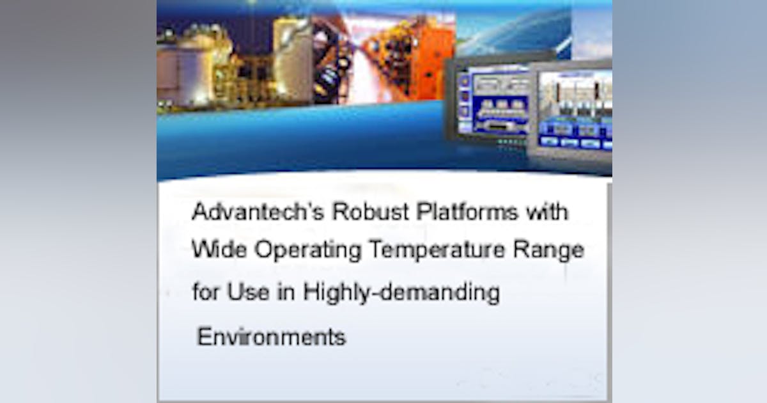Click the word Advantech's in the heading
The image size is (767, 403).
point(238,212)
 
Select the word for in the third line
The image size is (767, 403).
point(203,292)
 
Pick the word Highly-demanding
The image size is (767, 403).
point(401,294)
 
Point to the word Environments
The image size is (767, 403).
point(271,336)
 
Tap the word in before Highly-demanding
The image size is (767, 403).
point(281,292)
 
